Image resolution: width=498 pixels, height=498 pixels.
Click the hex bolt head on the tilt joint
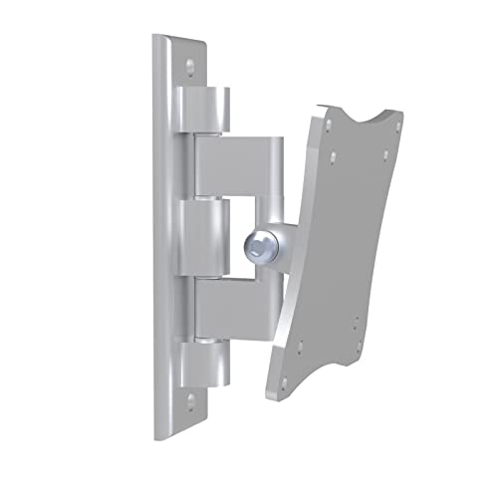255,243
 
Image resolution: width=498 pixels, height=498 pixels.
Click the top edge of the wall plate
182,41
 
